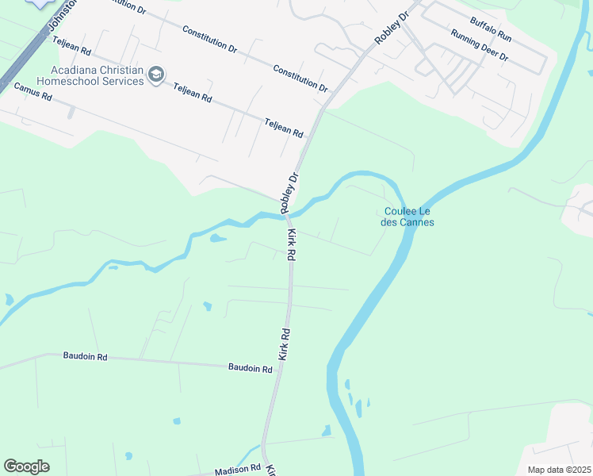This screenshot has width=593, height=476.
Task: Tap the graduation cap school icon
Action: [x=156, y=75]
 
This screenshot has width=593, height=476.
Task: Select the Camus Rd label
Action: [x=33, y=97]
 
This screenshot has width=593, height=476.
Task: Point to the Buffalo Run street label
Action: [x=491, y=32]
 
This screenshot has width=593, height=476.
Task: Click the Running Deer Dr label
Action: [x=479, y=47]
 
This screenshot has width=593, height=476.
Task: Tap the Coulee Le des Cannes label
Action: [x=408, y=217]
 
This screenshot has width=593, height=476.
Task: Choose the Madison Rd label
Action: [x=237, y=470]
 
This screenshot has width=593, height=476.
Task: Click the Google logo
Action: [x=27, y=466]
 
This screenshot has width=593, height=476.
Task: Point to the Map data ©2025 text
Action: [x=558, y=470]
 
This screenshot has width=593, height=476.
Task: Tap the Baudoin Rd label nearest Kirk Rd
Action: [x=250, y=367]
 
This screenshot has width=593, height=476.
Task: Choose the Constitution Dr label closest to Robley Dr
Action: [x=300, y=78]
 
